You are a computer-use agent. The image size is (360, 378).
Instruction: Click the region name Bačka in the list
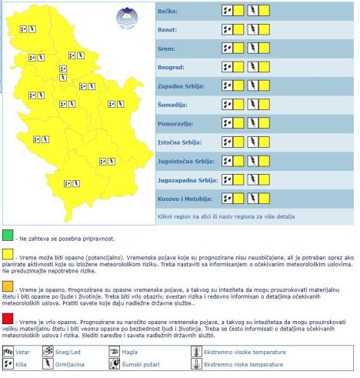click(x=168, y=12)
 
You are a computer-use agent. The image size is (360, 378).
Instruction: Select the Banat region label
click(x=168, y=30)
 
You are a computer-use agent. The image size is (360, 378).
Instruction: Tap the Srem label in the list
click(x=166, y=49)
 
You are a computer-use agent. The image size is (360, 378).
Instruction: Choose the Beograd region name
click(x=171, y=67)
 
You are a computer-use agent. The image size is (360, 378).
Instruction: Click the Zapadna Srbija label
click(x=181, y=85)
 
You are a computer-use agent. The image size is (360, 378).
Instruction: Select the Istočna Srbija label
click(x=178, y=142)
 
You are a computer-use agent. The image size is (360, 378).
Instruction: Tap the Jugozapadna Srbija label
click(x=188, y=179)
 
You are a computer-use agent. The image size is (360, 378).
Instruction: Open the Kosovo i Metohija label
click(x=185, y=198)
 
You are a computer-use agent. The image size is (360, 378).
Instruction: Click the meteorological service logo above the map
click(x=124, y=16)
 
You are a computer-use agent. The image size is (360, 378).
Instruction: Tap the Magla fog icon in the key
click(x=115, y=353)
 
